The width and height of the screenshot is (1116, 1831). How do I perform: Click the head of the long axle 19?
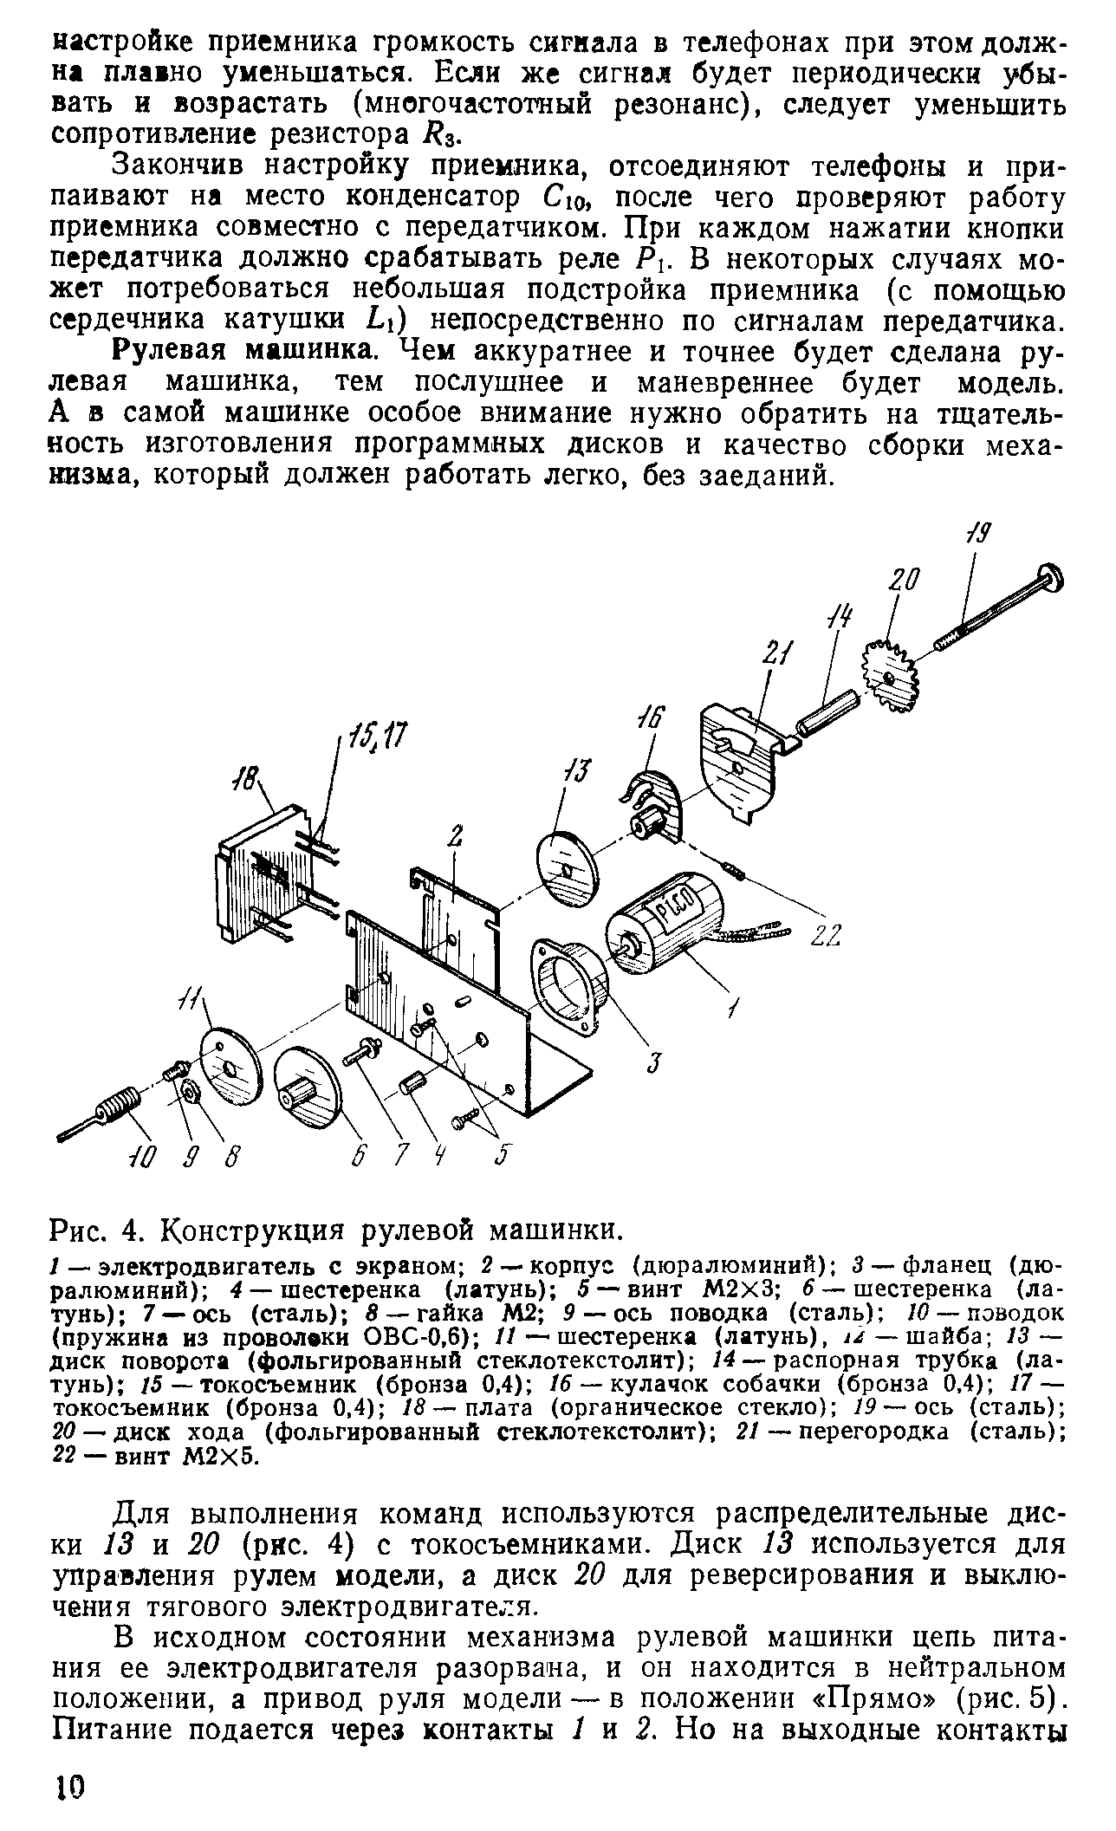(1049, 577)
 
